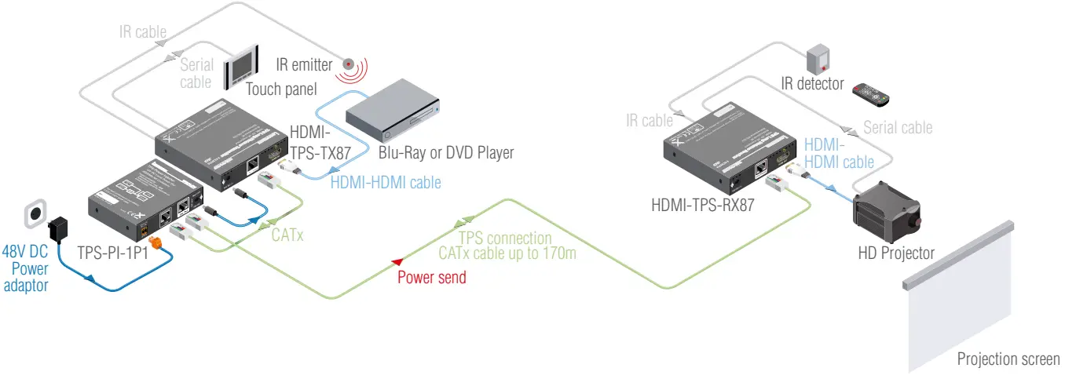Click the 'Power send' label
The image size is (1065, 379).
(x=431, y=277)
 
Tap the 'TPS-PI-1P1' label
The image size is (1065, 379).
(x=113, y=253)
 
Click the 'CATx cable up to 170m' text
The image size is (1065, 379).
(x=507, y=253)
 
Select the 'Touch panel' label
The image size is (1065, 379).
(x=281, y=89)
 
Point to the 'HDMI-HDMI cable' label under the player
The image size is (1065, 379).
(x=386, y=182)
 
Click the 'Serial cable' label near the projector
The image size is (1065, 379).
(x=897, y=127)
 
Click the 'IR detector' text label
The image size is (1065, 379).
(x=812, y=83)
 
